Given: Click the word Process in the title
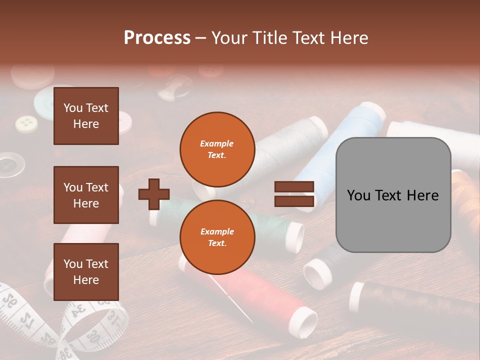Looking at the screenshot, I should click(157, 38).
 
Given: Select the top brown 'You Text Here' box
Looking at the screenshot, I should click(86, 116).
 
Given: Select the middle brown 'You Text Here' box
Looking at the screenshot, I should click(86, 195).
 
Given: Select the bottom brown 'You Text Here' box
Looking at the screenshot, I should click(86, 272).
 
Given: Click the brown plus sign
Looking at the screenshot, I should click(154, 193).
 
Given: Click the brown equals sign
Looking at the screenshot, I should click(294, 194).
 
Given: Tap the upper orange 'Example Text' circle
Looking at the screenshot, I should click(217, 149).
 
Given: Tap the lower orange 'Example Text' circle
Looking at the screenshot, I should click(217, 237).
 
